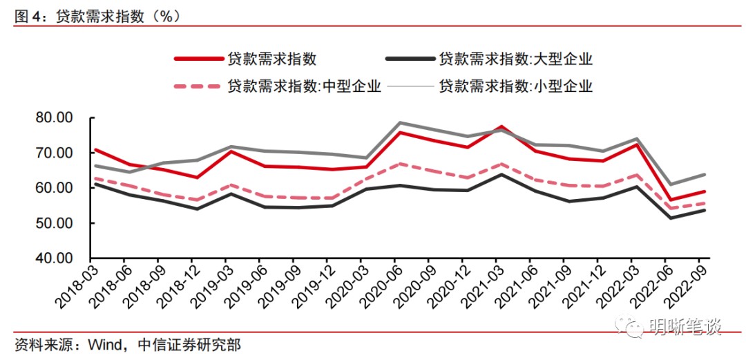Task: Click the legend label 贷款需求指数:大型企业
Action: (515, 59)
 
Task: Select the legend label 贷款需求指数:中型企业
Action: (304, 86)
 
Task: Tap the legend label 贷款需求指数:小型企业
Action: (515, 86)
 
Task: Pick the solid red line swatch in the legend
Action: (196, 59)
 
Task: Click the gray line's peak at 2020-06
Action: (400, 122)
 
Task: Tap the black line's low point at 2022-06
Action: (670, 218)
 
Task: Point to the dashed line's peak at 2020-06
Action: (400, 164)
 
